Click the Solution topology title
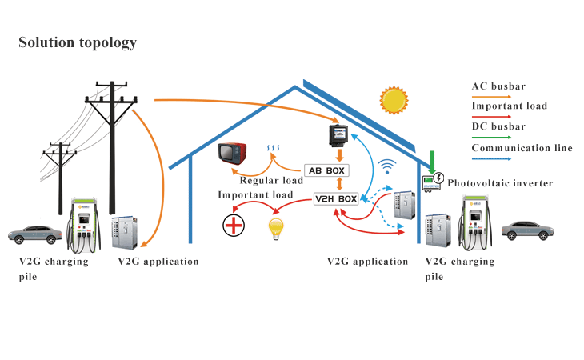78,42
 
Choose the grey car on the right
527,230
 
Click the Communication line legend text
522,147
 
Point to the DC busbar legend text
498,126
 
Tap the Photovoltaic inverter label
500,183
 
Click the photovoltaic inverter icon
433,182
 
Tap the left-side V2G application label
158,262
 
